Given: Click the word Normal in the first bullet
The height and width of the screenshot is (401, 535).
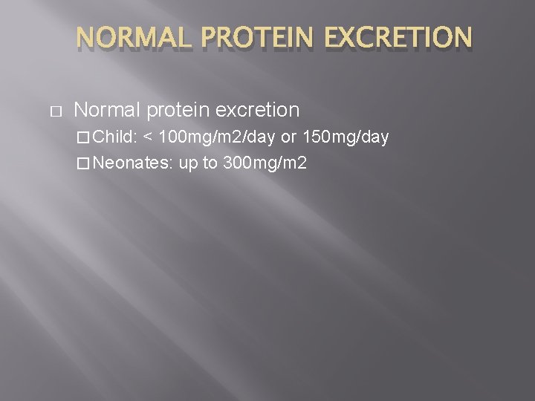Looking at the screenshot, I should click(108, 111).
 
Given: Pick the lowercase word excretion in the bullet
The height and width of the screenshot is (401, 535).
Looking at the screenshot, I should click(256, 111).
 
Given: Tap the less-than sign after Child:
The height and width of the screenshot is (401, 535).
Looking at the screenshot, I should click(149, 137).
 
